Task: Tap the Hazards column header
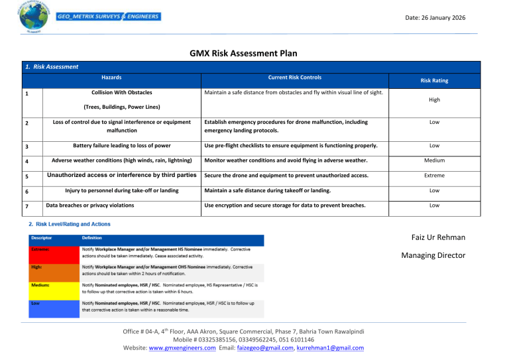111,78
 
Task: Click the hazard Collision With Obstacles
111,92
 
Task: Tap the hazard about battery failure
111,145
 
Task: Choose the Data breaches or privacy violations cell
89,206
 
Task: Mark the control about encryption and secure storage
284,206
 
